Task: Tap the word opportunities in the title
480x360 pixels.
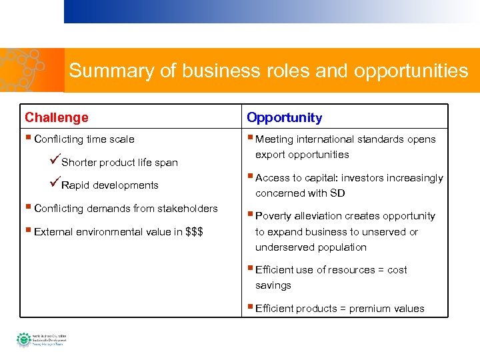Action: [412, 71]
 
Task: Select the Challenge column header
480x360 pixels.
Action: [57, 117]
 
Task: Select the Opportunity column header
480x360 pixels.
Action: [284, 117]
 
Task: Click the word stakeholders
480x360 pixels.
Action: [187, 209]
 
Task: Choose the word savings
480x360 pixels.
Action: [273, 285]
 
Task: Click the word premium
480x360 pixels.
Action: [371, 309]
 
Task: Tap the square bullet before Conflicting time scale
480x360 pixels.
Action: [28, 139]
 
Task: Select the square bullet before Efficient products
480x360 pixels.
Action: [249, 308]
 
